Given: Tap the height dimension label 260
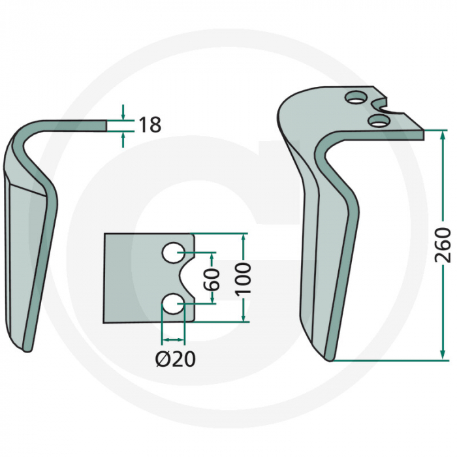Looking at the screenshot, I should (443, 245).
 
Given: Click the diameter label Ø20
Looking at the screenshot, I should (174, 358).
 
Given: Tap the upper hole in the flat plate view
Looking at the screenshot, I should (173, 253).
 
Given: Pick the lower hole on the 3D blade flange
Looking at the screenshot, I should (377, 120).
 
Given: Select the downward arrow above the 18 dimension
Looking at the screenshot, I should (123, 114).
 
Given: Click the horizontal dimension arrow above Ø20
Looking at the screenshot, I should (173, 340).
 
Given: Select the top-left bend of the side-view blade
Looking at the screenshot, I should (23, 131).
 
